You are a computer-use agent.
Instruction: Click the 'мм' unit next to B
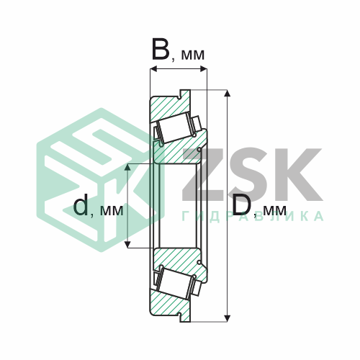click(192, 55)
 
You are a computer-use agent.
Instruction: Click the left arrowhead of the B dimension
click(153, 70)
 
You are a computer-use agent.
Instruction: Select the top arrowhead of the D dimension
click(228, 94)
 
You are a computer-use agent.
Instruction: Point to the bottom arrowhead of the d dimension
click(128, 244)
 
